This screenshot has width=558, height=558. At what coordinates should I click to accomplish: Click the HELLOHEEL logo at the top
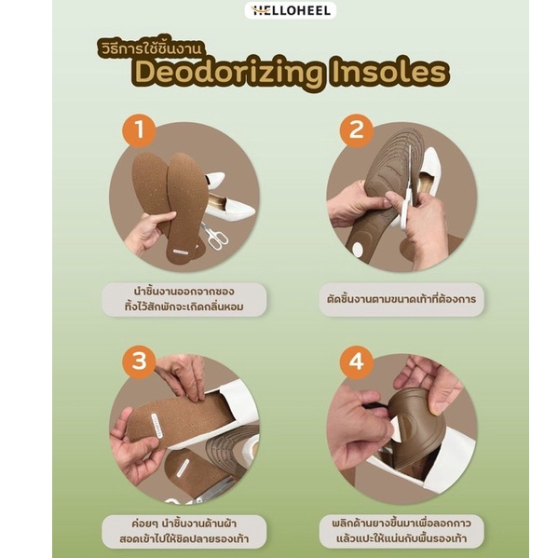(291, 10)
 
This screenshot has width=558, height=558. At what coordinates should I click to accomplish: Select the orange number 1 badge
(139, 129)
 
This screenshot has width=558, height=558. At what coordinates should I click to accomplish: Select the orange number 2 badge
(356, 129)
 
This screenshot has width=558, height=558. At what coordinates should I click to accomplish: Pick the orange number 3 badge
(139, 361)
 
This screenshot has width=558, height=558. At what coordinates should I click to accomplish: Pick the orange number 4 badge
(356, 361)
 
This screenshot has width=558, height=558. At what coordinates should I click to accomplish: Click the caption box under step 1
(184, 299)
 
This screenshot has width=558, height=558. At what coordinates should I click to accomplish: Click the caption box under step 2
(401, 299)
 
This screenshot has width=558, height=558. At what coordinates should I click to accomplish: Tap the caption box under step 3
(184, 531)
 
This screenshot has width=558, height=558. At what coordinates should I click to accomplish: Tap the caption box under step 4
(401, 531)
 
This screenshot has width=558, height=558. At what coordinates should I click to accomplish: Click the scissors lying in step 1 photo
(214, 235)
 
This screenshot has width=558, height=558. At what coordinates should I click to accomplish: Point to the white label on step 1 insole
(181, 252)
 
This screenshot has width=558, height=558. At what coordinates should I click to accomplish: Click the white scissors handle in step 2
(404, 208)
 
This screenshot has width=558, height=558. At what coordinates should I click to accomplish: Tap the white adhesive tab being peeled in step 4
(395, 429)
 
